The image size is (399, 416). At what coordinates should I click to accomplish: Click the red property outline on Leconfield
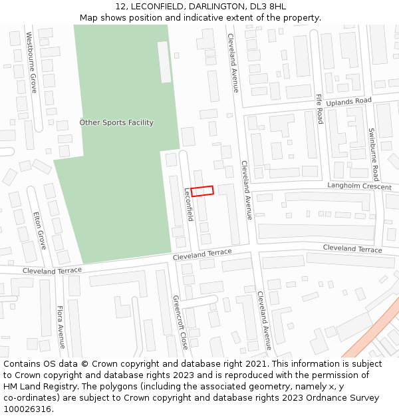click(202, 191)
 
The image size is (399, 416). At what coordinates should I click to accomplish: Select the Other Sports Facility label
click(116, 122)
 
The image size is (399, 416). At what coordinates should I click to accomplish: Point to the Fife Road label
click(319, 108)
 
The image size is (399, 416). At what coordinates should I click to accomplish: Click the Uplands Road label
click(348, 101)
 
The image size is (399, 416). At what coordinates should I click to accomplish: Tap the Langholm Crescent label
click(358, 186)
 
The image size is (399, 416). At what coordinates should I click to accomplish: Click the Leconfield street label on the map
click(188, 204)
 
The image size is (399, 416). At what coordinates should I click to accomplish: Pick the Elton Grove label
click(40, 230)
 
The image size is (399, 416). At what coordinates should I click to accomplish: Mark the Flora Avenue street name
click(60, 327)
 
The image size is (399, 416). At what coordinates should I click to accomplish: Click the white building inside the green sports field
click(164, 61)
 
